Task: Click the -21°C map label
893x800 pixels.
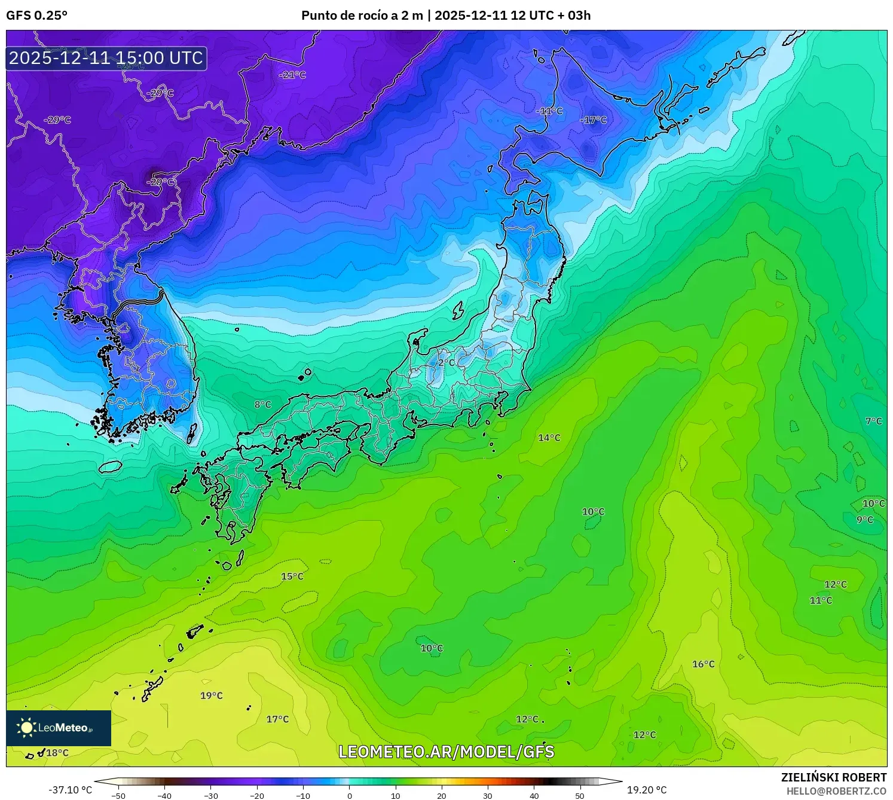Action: [x=292, y=75]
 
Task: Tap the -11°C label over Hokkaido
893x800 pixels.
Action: [x=549, y=111]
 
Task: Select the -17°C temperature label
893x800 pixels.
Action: [x=593, y=120]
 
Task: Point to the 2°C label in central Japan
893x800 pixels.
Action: [x=446, y=362]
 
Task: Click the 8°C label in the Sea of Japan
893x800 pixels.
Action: [x=262, y=404]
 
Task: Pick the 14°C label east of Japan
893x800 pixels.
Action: [x=549, y=438]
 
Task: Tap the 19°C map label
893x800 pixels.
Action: [x=211, y=695]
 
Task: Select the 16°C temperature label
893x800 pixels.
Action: [x=703, y=664]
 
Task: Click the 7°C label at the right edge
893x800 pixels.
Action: [x=873, y=421]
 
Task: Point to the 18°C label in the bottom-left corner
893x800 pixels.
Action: [x=57, y=753]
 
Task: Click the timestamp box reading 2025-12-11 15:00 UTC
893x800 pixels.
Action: [x=106, y=58]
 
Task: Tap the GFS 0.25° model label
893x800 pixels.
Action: [x=36, y=16]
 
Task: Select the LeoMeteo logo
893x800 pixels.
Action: [x=59, y=728]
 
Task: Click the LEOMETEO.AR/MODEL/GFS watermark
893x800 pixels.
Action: [x=446, y=752]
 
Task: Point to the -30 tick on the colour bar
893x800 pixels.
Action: [x=211, y=796]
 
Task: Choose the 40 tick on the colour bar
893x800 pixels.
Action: [x=534, y=796]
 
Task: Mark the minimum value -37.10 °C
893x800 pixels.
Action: [x=70, y=790]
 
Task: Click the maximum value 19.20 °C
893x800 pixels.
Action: [x=647, y=790]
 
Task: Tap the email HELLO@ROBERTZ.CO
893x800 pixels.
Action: [x=836, y=791]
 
